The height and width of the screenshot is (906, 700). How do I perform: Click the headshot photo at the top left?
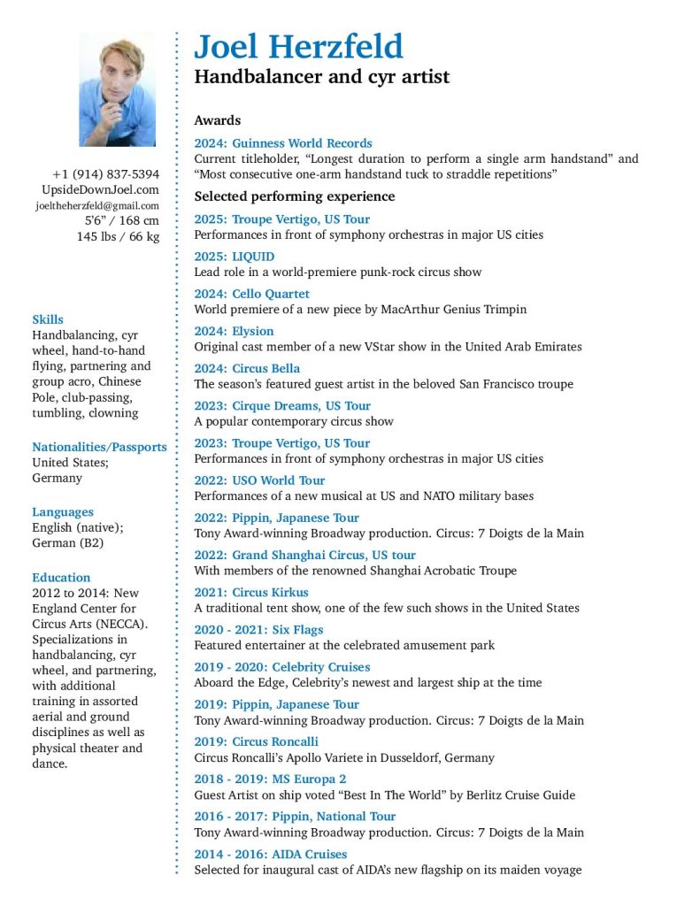pyautogui.click(x=117, y=89)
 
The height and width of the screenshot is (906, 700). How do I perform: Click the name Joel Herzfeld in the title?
pyautogui.click(x=298, y=46)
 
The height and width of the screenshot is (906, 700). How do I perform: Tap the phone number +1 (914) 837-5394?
pyautogui.click(x=105, y=174)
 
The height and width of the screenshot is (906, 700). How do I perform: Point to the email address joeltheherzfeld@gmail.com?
pyautogui.click(x=97, y=205)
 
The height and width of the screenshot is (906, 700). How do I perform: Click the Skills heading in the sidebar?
pyautogui.click(x=48, y=319)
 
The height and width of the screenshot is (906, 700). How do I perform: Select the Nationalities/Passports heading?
pyautogui.click(x=99, y=447)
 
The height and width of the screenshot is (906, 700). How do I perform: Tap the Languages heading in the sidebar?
pyautogui.click(x=62, y=511)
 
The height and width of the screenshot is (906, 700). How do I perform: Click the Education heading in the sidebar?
pyautogui.click(x=61, y=577)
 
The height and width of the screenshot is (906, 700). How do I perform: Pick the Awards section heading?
pyautogui.click(x=217, y=120)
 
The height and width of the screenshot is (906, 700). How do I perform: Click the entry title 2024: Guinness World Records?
pyautogui.click(x=283, y=143)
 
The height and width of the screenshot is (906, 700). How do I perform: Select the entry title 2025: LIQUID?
pyautogui.click(x=235, y=257)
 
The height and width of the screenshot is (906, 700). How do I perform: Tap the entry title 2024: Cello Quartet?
pyautogui.click(x=252, y=294)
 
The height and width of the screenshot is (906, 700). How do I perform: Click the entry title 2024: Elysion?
pyautogui.click(x=234, y=331)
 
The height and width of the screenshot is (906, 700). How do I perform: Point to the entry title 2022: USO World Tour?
pyautogui.click(x=259, y=480)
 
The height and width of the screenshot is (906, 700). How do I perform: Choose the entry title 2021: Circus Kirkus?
pyautogui.click(x=251, y=593)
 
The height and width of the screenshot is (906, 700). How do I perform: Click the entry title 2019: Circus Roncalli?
pyautogui.click(x=256, y=741)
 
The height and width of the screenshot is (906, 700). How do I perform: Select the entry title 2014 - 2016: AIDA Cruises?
pyautogui.click(x=271, y=854)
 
